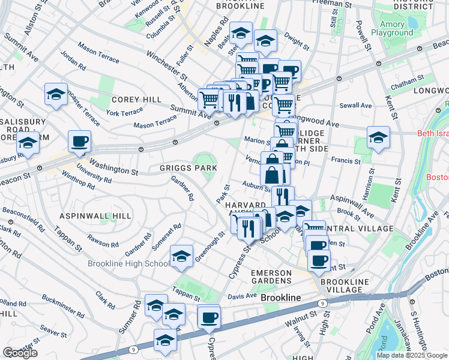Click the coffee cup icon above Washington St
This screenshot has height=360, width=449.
(x=79, y=142)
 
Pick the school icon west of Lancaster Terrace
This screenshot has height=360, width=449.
(x=56, y=94)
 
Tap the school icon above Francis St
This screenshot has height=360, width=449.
(x=378, y=137)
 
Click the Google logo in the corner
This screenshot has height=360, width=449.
(x=20, y=353)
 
